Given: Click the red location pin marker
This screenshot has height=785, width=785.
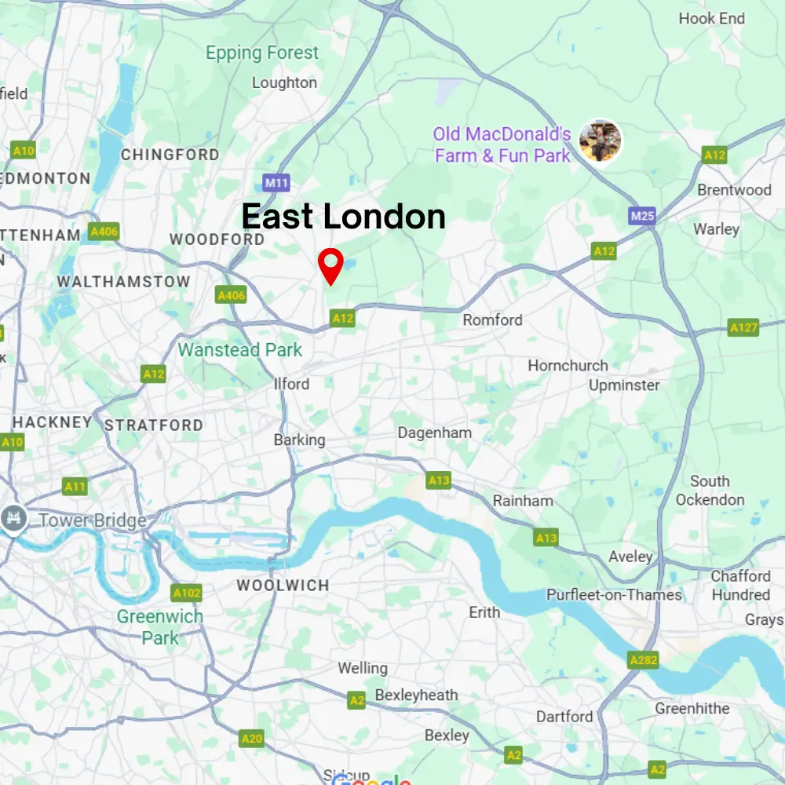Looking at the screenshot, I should pos(331,265).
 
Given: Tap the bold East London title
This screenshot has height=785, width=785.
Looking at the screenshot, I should pos(343,216).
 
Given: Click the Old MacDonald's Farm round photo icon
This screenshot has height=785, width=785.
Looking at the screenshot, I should pos(600,141).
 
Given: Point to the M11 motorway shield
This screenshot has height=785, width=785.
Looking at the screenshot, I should pos(276,183).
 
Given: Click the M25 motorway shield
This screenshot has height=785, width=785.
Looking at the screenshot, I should pos(641,215).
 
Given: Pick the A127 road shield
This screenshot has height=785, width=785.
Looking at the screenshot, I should pos(743,327).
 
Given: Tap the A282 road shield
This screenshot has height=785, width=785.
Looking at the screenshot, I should pos(643,660).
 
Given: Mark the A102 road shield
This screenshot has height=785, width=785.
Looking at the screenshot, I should pos(186,593).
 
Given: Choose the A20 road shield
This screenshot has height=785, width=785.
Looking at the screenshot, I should pos(252,739).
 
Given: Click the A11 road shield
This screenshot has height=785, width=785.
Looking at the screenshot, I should pos(75,487).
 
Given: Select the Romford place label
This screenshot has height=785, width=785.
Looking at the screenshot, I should pos(492,319).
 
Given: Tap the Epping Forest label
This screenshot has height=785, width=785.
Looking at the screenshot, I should pos(262,53).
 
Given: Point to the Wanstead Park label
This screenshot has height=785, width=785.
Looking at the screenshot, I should pos(240,350).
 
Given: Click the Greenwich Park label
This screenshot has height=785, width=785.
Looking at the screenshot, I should pos(160,627).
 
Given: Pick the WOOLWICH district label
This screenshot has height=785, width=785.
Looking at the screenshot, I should pos(283,586).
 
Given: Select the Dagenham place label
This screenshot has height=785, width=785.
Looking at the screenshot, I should pos(434,433).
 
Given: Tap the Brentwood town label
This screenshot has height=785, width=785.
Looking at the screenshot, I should pos(734,190).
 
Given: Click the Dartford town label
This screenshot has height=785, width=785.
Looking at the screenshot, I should pos(564,716).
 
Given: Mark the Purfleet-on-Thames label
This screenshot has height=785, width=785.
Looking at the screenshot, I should pos(614,595).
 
